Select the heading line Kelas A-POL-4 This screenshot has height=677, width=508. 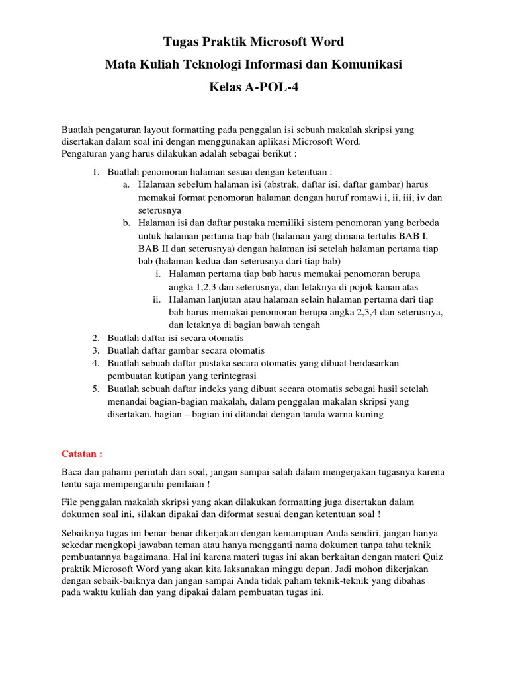(254, 87)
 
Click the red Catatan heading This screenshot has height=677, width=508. (82, 454)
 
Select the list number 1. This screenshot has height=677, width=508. (95, 172)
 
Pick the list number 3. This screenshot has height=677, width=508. (95, 350)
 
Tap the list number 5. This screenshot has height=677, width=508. (95, 389)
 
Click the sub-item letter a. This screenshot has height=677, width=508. (126, 184)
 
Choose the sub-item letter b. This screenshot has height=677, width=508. (126, 223)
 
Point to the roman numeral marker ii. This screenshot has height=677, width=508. (157, 299)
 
